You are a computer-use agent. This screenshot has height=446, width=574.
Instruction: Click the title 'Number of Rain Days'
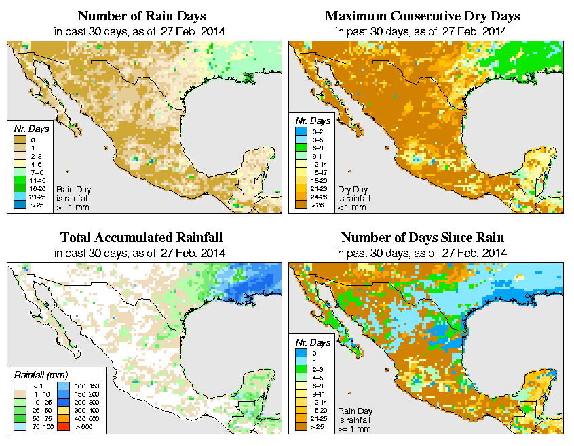point(142,16)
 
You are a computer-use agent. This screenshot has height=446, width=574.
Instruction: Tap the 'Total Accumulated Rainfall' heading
point(141,238)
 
